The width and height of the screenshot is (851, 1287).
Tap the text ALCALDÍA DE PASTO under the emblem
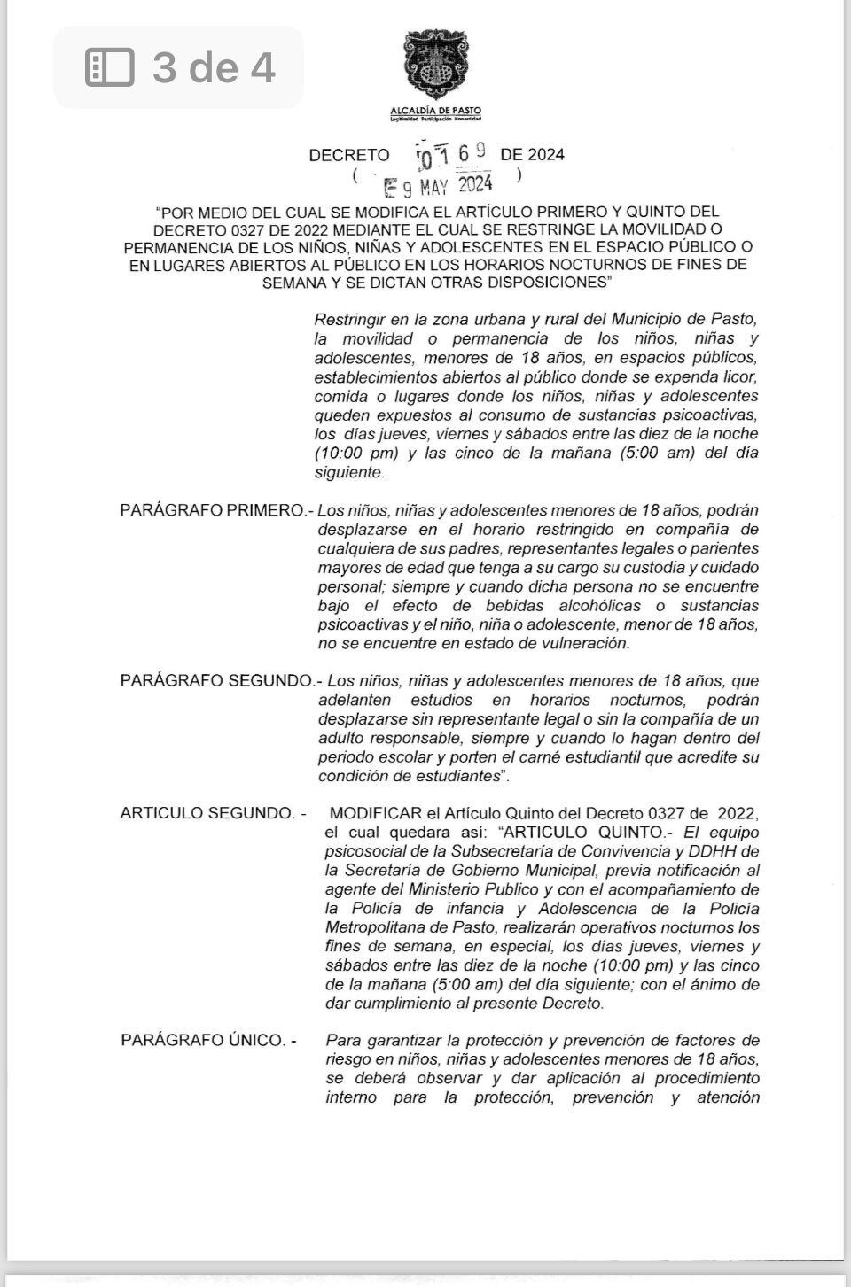coord(435,110)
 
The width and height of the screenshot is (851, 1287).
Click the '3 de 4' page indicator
coord(214,67)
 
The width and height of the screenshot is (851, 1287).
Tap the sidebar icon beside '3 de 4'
coord(109,68)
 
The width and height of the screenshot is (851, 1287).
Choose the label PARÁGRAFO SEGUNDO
coord(216,681)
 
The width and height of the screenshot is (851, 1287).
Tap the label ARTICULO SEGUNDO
coord(207,813)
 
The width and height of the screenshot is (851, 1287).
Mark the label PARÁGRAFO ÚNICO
coord(202,1040)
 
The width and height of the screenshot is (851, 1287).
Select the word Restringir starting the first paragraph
coord(350,319)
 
